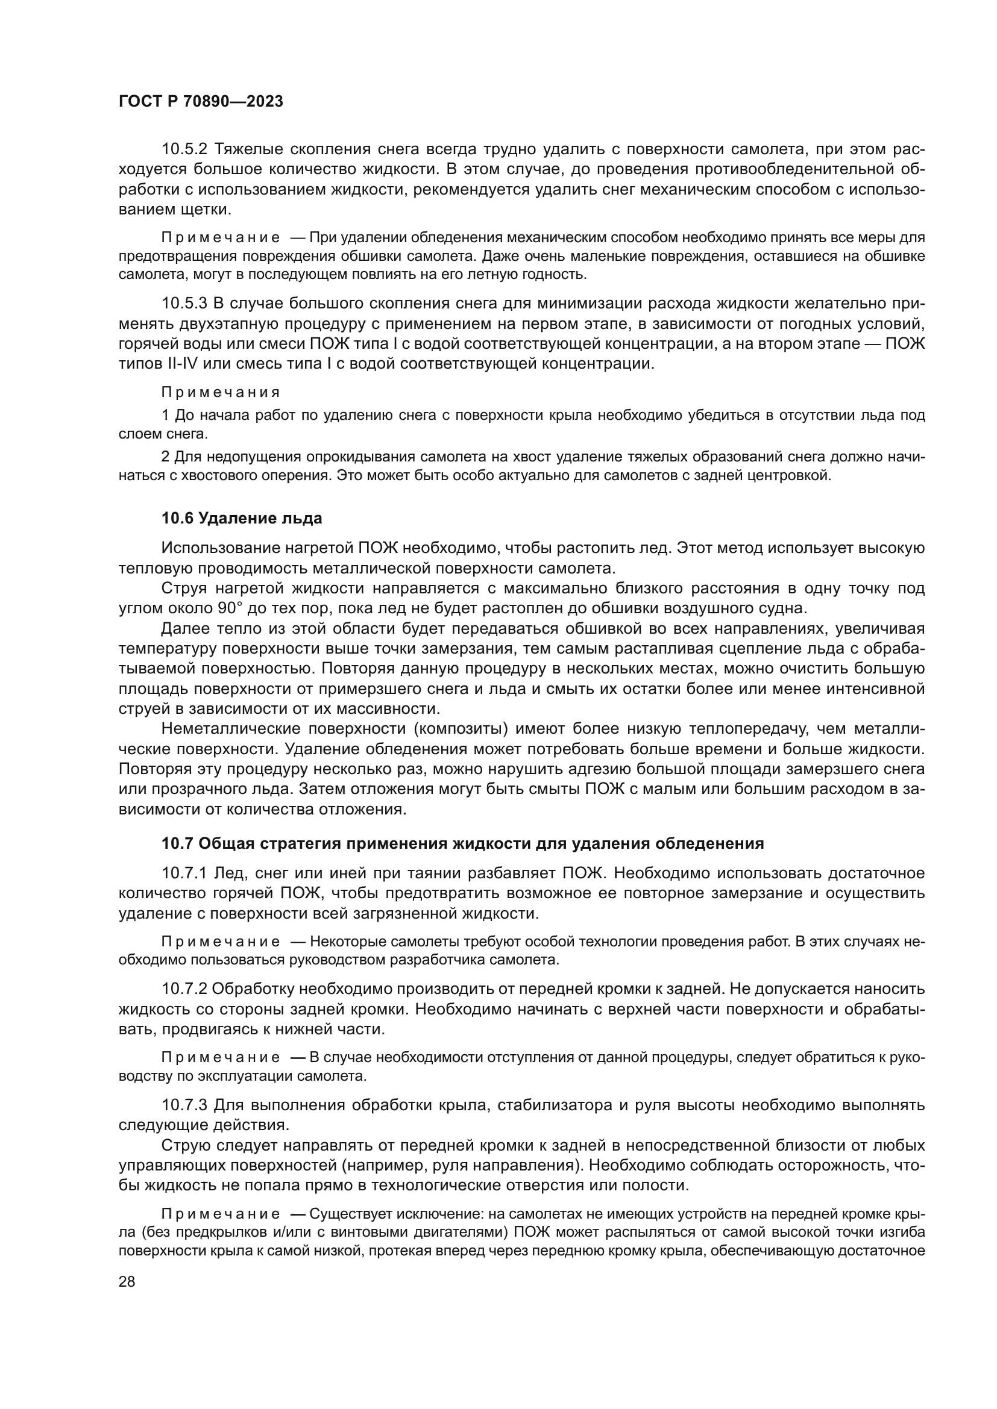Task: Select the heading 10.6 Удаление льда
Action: click(x=241, y=519)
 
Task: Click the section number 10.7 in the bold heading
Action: click(x=176, y=844)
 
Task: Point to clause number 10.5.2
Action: click(x=185, y=149)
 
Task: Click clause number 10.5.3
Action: click(x=185, y=303)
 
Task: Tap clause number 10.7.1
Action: click(x=185, y=873)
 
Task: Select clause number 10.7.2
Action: click(x=185, y=989)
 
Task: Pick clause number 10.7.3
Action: click(x=185, y=1105)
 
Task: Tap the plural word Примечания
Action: click(x=221, y=393)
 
